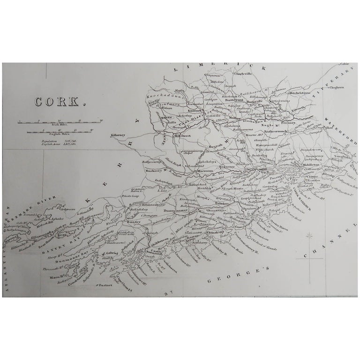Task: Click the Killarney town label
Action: tap(118, 135)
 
